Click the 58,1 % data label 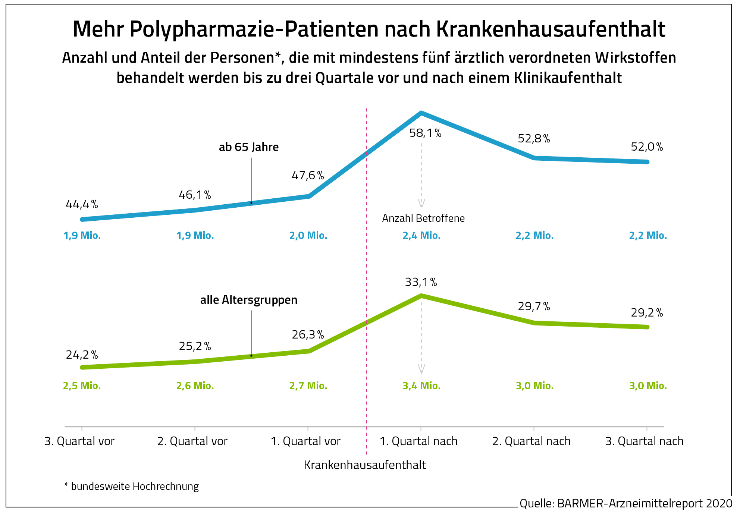[x=425, y=133]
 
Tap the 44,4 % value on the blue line [x=82, y=204]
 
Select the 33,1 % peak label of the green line [x=421, y=282]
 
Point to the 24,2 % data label [x=82, y=355]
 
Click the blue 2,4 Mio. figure [x=421, y=236]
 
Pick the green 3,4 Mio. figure [x=421, y=386]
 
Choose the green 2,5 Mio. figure [x=82, y=386]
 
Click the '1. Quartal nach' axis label [x=418, y=441]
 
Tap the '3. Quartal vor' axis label [x=79, y=441]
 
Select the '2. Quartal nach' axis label [x=531, y=441]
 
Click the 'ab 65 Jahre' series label [x=249, y=147]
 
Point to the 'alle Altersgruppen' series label [x=249, y=300]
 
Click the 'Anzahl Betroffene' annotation [x=423, y=218]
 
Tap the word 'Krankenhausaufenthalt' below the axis [x=365, y=465]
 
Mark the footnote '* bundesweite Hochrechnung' [x=132, y=487]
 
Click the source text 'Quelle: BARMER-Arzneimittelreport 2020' [x=626, y=504]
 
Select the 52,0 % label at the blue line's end [x=647, y=147]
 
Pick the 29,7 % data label [x=534, y=306]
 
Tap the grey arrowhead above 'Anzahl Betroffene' [x=421, y=203]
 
